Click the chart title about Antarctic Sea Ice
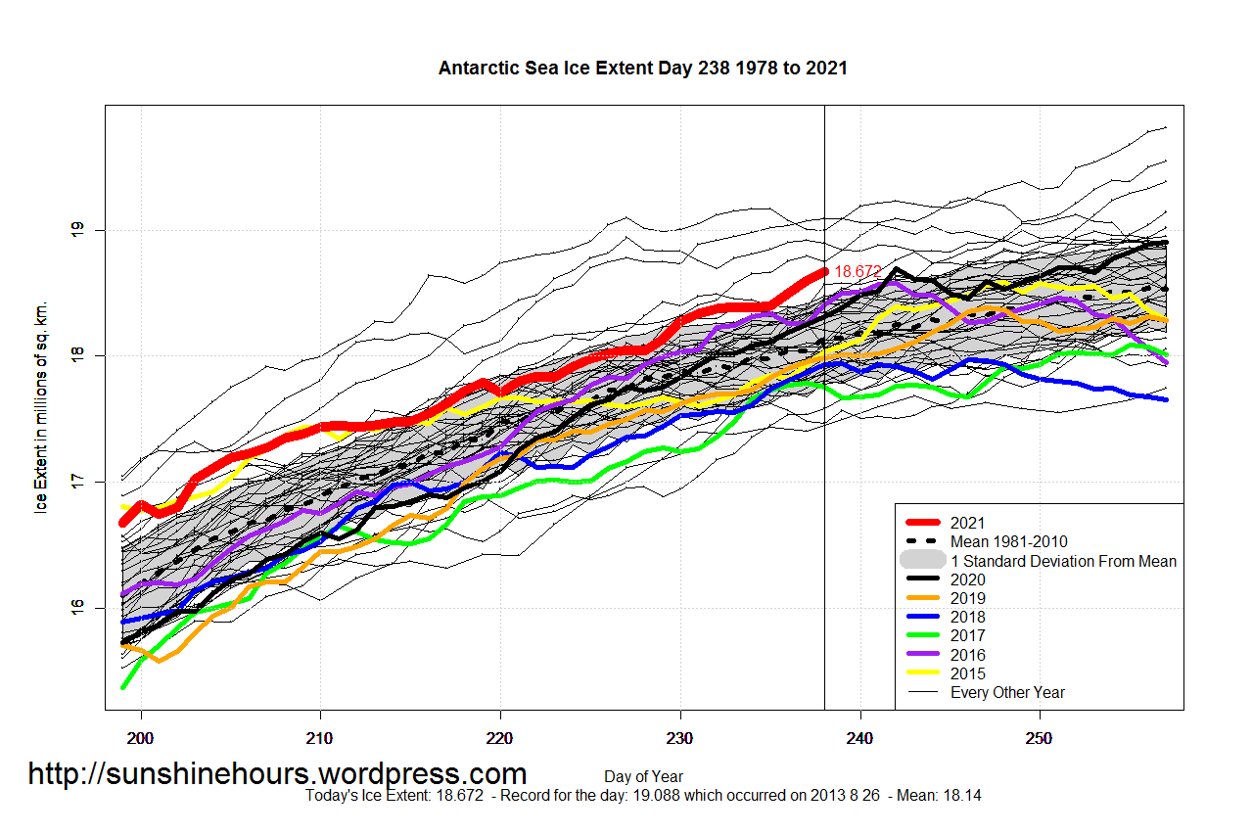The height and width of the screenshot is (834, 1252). (642, 69)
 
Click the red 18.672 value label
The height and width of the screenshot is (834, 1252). (858, 271)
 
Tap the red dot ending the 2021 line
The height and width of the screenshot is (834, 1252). (824, 271)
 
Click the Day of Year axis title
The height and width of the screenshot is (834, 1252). (643, 777)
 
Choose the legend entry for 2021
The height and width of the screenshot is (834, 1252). (967, 523)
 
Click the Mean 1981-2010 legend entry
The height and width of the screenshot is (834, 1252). (1008, 541)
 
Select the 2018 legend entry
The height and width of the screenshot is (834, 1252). (967, 617)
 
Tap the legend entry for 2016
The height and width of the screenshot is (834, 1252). (967, 655)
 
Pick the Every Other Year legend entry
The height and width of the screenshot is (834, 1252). (1007, 692)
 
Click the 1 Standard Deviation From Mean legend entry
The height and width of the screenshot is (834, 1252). (1063, 561)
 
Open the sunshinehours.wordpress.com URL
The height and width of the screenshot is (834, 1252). (277, 774)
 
